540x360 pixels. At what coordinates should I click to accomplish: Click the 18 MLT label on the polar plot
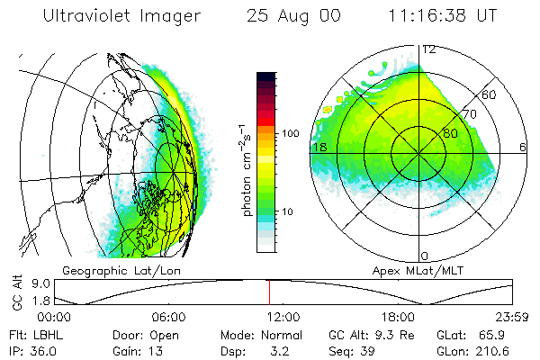point(319,146)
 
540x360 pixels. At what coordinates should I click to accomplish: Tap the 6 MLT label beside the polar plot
point(523,146)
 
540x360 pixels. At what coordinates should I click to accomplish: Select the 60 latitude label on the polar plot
point(490,94)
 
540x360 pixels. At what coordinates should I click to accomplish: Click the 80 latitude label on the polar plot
point(450,131)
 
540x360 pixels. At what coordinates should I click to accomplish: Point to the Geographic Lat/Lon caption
point(109,270)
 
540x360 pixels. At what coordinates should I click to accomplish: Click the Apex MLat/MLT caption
point(411,270)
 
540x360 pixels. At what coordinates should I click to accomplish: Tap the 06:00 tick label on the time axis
point(168,318)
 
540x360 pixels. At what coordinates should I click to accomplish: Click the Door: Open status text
point(139,335)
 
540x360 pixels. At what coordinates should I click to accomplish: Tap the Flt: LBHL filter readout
point(33,335)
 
